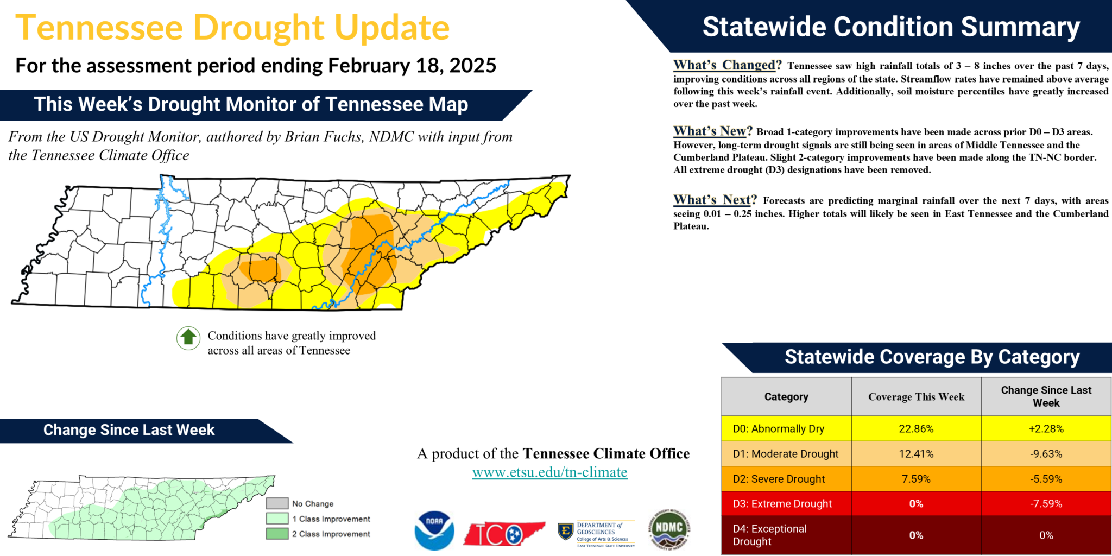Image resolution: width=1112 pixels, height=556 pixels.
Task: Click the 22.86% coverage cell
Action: [x=916, y=429]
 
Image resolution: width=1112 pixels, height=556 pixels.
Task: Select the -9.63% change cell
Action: [x=1046, y=454]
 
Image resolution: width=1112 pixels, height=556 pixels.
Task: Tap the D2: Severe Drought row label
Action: [x=779, y=479]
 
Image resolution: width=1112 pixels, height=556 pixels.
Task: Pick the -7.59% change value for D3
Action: [x=1046, y=504]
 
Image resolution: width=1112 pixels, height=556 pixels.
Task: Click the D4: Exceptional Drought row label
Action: [x=769, y=535]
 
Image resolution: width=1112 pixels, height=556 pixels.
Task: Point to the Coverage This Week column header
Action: [x=916, y=397]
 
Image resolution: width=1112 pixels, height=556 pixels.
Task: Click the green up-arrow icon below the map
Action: [x=188, y=338]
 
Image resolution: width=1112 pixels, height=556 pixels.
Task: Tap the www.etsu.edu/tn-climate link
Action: [x=549, y=472]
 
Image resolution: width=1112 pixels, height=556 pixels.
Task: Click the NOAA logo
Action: [x=434, y=530]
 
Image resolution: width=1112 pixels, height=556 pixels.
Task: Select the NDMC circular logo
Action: [x=669, y=529]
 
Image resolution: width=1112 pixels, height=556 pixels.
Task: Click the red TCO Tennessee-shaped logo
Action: [x=503, y=534]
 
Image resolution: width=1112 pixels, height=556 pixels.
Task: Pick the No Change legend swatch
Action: [x=277, y=503]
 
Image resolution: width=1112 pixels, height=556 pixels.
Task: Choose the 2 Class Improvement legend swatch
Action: [x=277, y=534]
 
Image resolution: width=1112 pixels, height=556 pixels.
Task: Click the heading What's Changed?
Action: [x=727, y=65]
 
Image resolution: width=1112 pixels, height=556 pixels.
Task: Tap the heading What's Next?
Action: [x=715, y=200]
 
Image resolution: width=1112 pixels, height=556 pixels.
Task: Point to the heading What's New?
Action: [x=712, y=131]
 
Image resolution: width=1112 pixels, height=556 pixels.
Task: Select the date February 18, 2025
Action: [x=412, y=66]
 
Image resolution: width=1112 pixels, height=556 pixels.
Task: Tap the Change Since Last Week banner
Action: [x=129, y=430]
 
